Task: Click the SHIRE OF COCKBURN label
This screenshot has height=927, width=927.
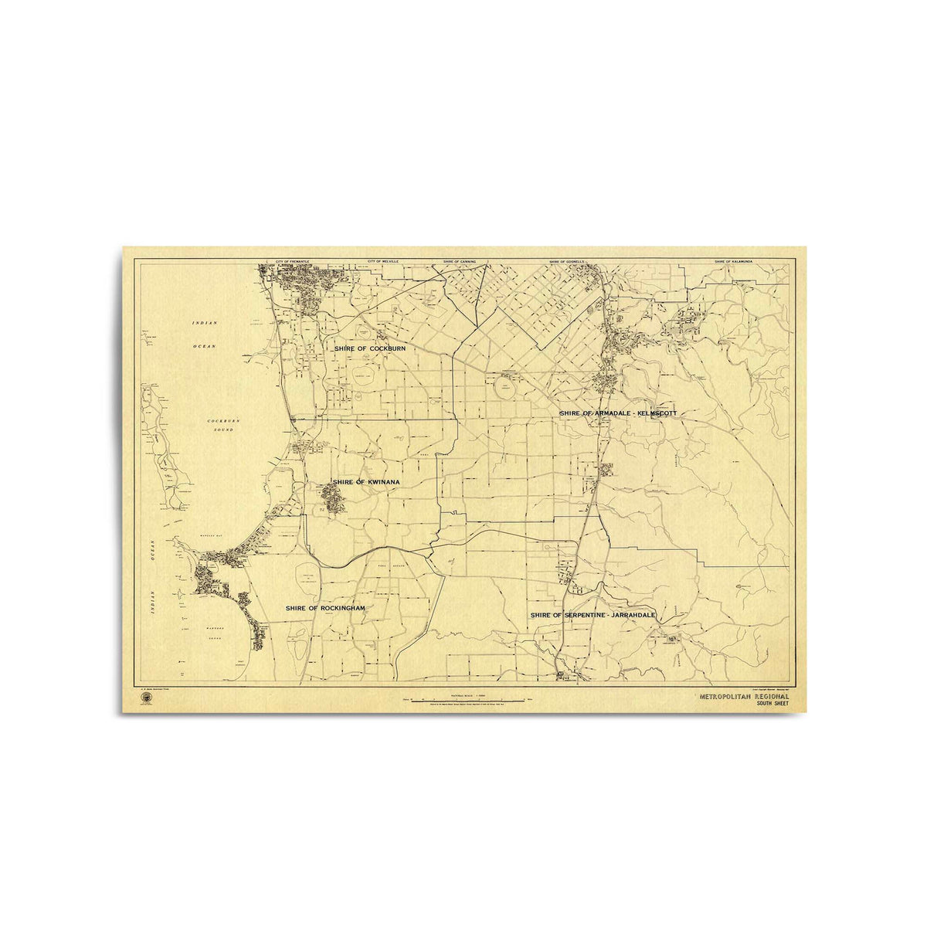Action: (369, 349)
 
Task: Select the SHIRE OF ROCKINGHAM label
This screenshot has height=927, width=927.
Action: (324, 609)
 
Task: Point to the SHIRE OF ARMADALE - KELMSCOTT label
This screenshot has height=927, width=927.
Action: (618, 414)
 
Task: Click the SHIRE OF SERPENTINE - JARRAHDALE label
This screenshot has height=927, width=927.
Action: (593, 615)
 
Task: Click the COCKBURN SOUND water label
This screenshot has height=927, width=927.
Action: (225, 425)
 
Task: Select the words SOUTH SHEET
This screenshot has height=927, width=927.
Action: (769, 705)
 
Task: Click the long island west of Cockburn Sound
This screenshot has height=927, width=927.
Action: (164, 448)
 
